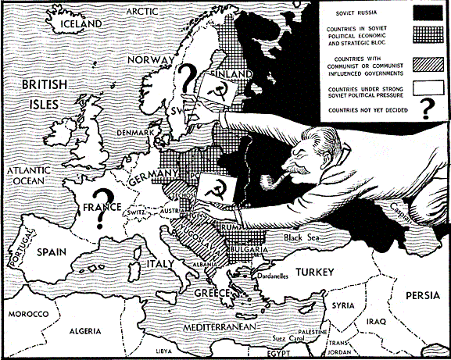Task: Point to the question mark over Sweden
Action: pyautogui.click(x=186, y=79)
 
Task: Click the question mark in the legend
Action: pyautogui.click(x=426, y=111)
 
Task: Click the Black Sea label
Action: pyautogui.click(x=302, y=238)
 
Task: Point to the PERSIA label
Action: pyautogui.click(x=424, y=296)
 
